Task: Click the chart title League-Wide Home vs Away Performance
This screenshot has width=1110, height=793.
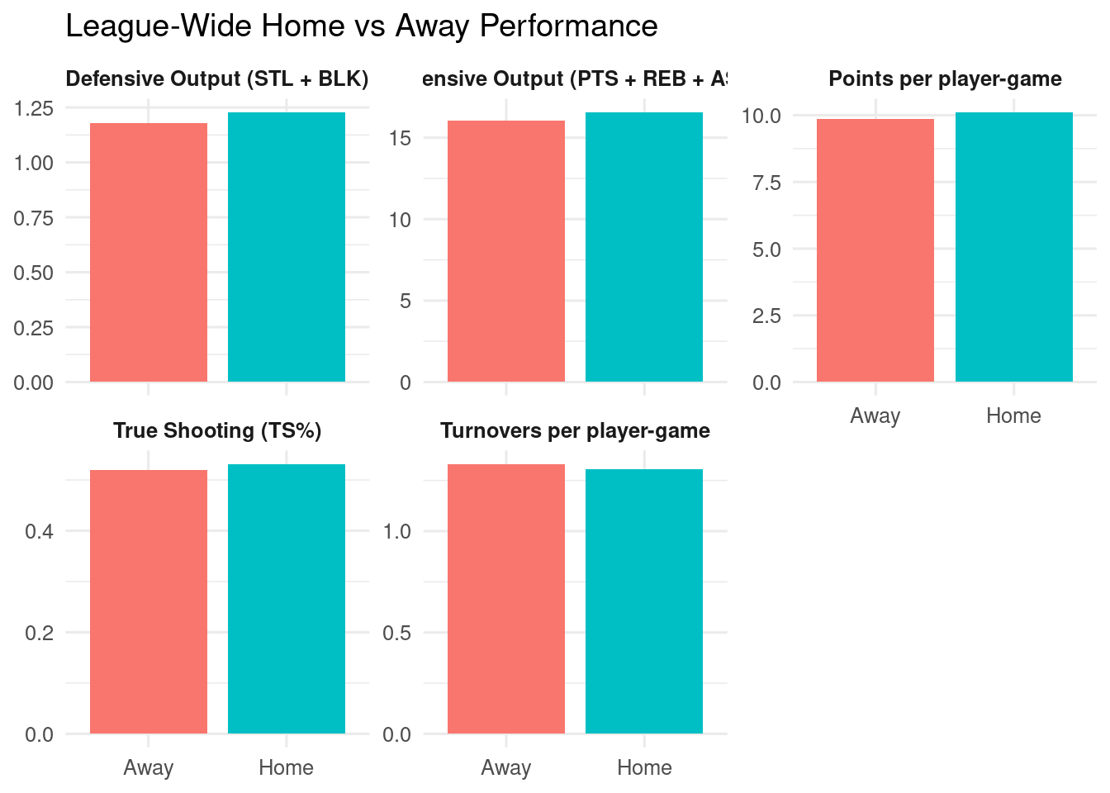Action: point(361,26)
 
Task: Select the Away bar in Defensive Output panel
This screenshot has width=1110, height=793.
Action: point(149,252)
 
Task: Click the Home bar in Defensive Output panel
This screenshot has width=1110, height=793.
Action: point(287,247)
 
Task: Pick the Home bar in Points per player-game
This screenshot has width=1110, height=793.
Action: point(1013,247)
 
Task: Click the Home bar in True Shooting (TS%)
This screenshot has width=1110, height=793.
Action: point(287,599)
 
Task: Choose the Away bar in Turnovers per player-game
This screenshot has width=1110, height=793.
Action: point(506,599)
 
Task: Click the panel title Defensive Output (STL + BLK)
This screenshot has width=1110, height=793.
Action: point(217,79)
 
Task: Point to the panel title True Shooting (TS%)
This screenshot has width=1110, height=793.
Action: point(217,431)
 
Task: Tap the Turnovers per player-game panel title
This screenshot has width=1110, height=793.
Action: point(575,431)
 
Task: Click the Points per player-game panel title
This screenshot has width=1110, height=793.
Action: point(945,79)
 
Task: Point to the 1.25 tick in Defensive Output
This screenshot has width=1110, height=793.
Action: point(34,108)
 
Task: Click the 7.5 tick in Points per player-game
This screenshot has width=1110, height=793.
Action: point(766,183)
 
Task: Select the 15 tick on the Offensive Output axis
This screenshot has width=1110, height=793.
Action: point(400,138)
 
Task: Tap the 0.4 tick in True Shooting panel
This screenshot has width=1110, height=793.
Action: point(40,531)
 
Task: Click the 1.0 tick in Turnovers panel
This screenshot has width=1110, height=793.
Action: point(397,531)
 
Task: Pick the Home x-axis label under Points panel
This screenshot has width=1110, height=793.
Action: point(1013,415)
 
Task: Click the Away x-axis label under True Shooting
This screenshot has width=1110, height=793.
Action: point(149,767)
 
